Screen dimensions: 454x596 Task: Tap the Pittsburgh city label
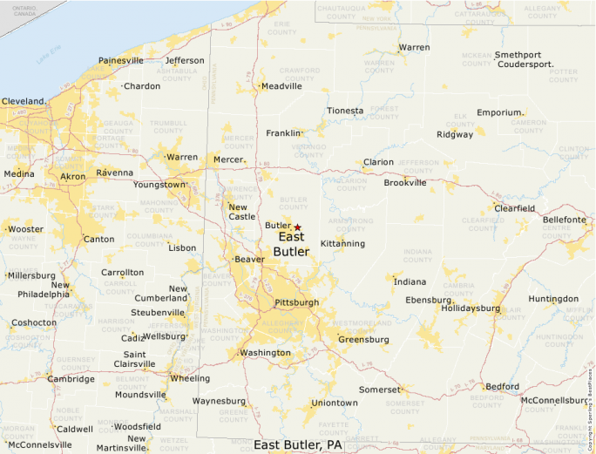click(296, 302)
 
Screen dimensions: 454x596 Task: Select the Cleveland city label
click(23, 101)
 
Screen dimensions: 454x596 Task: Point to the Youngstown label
click(159, 185)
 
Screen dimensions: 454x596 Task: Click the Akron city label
click(72, 176)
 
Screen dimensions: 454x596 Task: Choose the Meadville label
click(281, 86)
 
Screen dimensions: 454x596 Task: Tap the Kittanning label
click(342, 243)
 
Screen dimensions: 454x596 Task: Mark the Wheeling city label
click(189, 378)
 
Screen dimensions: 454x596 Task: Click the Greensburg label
click(363, 339)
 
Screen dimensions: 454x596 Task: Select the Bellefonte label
click(565, 220)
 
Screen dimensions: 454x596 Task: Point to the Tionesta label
click(345, 111)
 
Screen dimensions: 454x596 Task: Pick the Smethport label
click(518, 55)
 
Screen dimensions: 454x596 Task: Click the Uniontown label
click(335, 403)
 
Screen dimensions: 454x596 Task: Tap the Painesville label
click(121, 60)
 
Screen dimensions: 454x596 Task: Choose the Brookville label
click(405, 183)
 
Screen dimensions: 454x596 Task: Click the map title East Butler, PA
click(298, 445)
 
